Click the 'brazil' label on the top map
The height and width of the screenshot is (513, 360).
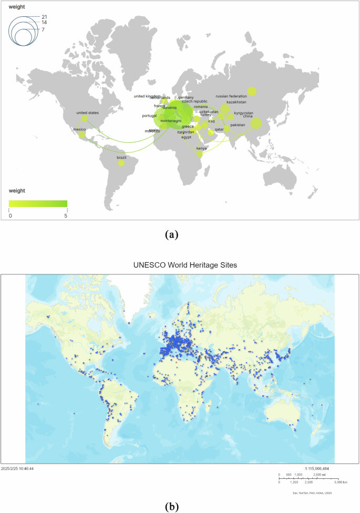point(121,157)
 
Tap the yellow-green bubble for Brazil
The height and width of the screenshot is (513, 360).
point(121,163)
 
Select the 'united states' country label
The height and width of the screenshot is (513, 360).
point(88,112)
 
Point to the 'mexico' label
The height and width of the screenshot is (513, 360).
point(79,129)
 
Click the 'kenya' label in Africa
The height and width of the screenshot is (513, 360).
point(201,149)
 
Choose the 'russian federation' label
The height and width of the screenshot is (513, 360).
point(231,97)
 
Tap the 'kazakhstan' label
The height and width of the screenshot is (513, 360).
point(236,102)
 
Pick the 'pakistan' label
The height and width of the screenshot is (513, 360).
point(238,125)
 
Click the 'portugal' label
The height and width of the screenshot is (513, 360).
point(149,116)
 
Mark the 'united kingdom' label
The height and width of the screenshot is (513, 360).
point(146,96)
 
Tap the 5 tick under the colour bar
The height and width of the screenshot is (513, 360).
point(66,216)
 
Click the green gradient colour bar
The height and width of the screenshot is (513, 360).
point(38,203)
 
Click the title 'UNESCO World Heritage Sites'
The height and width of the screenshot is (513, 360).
point(180,265)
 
